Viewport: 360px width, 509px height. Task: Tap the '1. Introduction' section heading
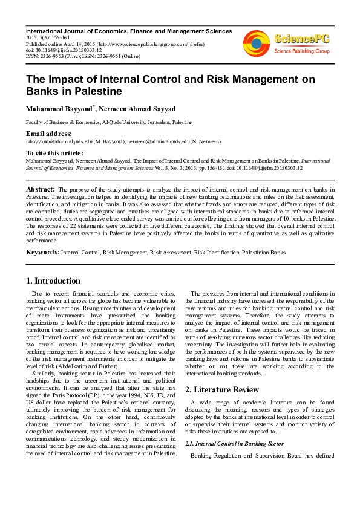coord(53,280)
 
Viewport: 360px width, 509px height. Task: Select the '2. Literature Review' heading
coord(222,389)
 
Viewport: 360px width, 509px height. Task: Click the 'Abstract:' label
coord(41,189)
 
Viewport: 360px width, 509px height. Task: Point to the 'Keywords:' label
coord(42,251)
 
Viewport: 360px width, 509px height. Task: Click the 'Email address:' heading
coord(48,134)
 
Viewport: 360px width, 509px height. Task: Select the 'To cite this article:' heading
coord(53,154)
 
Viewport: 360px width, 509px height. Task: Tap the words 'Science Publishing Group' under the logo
coord(301,51)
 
